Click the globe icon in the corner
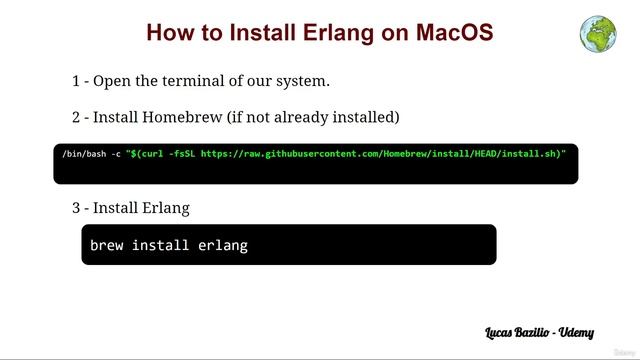(597, 33)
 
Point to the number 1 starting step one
(76, 80)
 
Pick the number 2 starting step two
(76, 117)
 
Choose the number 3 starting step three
(76, 208)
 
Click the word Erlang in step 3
(163, 208)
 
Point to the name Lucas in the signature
(501, 330)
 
